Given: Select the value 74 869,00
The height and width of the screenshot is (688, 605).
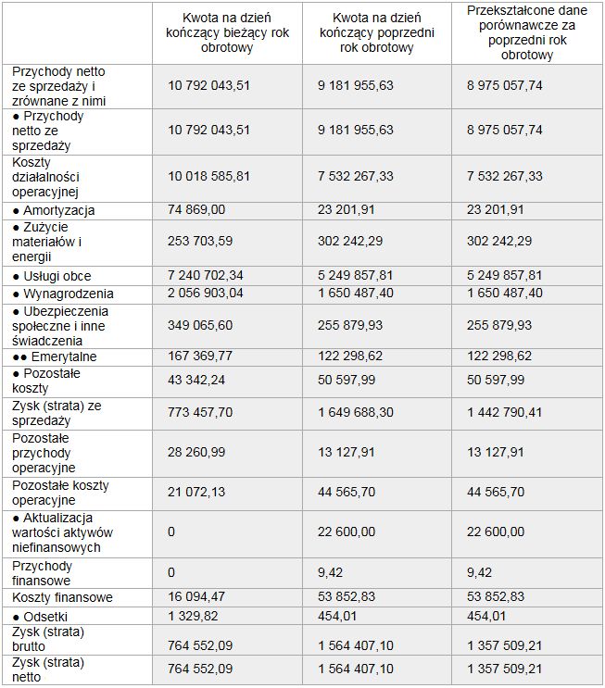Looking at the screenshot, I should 196,210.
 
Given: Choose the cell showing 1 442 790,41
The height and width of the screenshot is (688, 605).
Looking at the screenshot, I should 506,413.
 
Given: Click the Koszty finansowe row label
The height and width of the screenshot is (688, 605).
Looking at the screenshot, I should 63,598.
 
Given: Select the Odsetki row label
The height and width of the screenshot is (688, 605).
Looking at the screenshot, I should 46,617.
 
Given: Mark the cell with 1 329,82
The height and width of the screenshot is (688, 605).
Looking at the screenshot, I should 195,617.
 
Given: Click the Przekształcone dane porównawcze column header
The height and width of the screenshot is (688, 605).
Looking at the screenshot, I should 527,33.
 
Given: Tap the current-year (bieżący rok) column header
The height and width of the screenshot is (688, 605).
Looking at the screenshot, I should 226,33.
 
